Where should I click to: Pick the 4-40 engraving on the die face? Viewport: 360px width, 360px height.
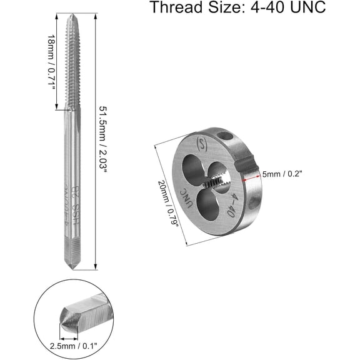pos(235,206)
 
